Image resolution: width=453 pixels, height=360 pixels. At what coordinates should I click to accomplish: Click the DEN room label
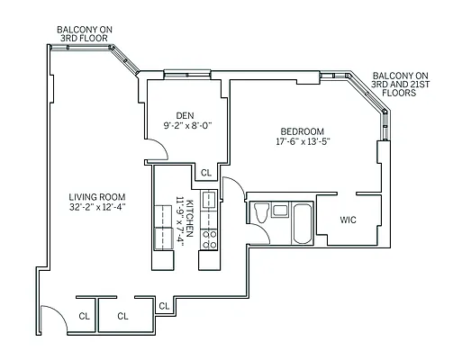(186, 114)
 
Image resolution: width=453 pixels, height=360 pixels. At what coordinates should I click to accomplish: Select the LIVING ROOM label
(97, 197)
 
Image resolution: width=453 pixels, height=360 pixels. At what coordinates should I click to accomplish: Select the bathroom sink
(280, 210)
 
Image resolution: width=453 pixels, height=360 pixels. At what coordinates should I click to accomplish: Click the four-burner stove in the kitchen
(208, 238)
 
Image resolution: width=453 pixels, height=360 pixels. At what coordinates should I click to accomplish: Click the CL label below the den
(205, 173)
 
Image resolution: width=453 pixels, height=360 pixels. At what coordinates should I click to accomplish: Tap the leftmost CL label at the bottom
(84, 316)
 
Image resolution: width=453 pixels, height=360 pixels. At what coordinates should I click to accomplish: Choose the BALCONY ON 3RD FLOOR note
(86, 33)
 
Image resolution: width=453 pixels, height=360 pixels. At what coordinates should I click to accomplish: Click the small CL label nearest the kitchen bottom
(164, 307)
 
